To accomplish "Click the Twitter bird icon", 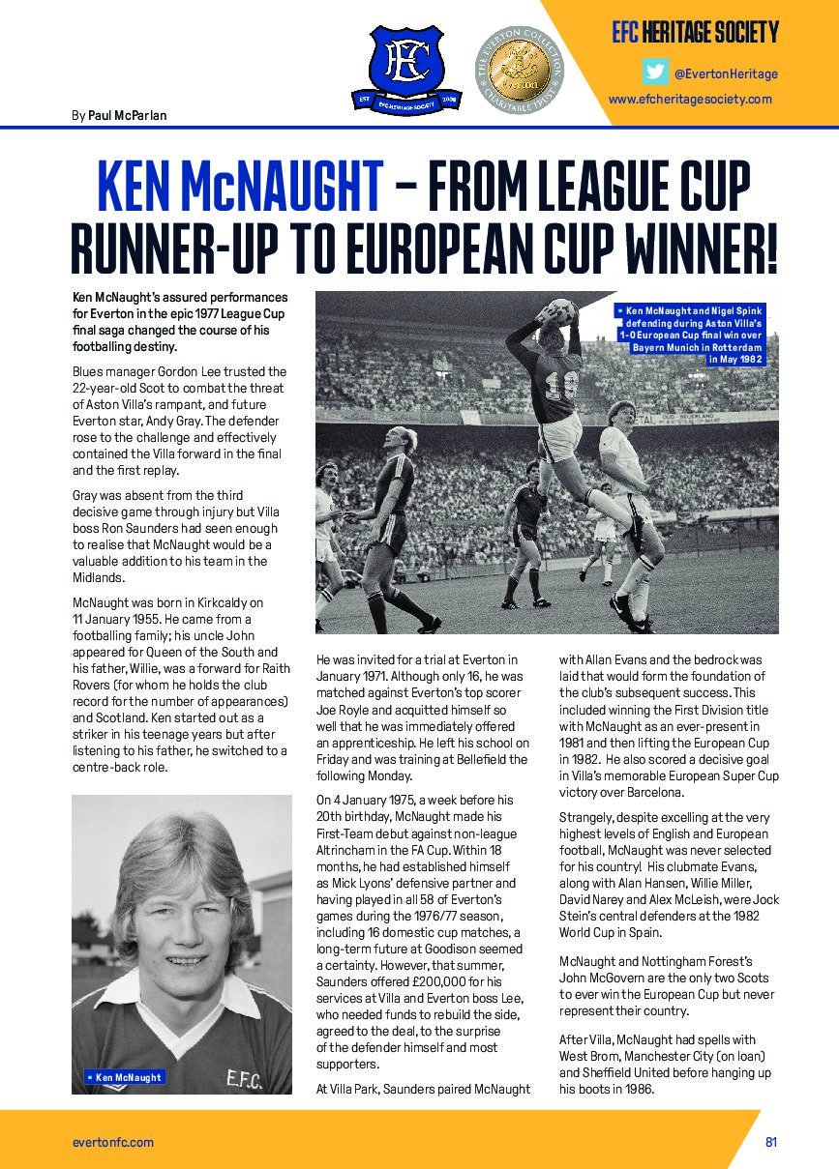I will [x=655, y=73].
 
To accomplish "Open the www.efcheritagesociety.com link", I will [x=690, y=99].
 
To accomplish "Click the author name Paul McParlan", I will [x=128, y=115].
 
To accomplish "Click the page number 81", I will [x=771, y=1142].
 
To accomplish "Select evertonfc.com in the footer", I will [x=113, y=1142].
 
